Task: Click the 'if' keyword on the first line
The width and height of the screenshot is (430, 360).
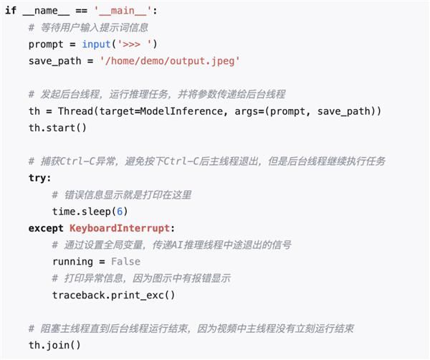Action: pyautogui.click(x=11, y=11)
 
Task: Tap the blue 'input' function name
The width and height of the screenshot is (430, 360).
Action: pyautogui.click(x=96, y=44)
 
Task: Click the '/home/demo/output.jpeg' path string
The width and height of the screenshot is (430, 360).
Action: pyautogui.click(x=170, y=61)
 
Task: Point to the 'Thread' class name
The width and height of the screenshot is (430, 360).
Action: pyautogui.click(x=76, y=111)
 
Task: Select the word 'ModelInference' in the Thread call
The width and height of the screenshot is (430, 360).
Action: pyautogui.click(x=181, y=111)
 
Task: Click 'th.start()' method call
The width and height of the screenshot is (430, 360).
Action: pyautogui.click(x=57, y=128)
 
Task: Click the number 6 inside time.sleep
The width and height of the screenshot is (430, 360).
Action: pyautogui.click(x=120, y=212)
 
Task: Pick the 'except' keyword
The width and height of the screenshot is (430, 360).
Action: pyautogui.click(x=46, y=228)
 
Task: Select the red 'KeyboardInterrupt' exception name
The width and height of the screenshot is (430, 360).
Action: pyautogui.click(x=120, y=228)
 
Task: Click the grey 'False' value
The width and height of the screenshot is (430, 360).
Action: pyautogui.click(x=125, y=262)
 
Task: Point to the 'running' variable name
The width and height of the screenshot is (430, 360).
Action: pyautogui.click(x=72, y=262)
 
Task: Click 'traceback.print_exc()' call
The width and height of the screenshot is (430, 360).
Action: pyautogui.click(x=113, y=295)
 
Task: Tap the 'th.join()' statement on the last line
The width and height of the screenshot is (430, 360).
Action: pyautogui.click(x=55, y=345)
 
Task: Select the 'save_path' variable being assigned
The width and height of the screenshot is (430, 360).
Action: pyautogui.click(x=55, y=61)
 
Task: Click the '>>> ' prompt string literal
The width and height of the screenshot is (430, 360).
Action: pyautogui.click(x=135, y=44)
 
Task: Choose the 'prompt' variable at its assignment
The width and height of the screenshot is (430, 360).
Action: pyautogui.click(x=46, y=44)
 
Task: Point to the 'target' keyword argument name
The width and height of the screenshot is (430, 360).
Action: pyautogui.click(x=117, y=111)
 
